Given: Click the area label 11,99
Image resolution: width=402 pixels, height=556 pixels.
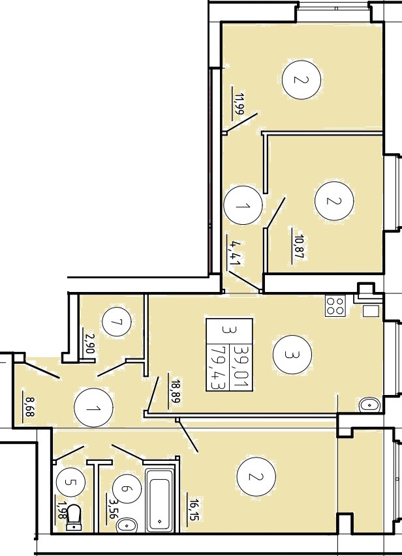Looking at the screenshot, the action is click(x=240, y=104).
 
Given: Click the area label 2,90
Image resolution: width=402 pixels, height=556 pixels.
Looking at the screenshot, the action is click(x=89, y=344).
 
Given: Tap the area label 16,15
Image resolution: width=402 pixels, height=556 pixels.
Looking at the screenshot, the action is click(x=194, y=510).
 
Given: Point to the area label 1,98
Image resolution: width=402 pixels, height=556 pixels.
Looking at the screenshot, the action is click(x=63, y=510).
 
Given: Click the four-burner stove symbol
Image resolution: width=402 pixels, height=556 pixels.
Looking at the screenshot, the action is click(x=335, y=306).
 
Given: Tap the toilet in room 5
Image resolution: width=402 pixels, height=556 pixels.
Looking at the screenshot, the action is click(x=74, y=518).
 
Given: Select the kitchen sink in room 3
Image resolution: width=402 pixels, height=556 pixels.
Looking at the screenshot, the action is click(x=369, y=405).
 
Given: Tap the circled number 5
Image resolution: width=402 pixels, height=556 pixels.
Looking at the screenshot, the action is click(x=70, y=482).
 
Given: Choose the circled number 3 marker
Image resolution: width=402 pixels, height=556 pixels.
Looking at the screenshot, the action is click(x=292, y=355).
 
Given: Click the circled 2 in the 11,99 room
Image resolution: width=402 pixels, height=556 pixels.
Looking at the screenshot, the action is click(x=301, y=80).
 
